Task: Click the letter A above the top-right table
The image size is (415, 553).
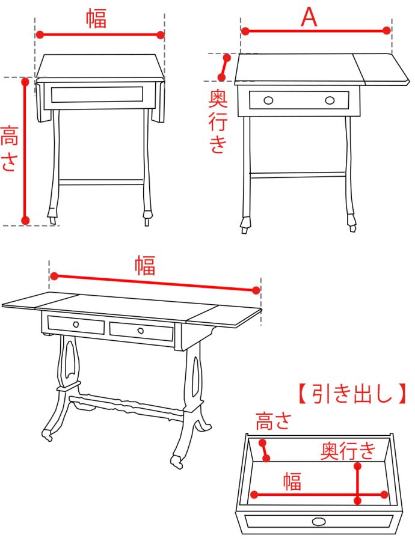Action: (x=309, y=17)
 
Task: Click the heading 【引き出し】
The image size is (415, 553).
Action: (x=352, y=394)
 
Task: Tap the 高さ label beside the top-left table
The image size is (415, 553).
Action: (x=9, y=148)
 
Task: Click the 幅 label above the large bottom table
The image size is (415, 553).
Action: (x=145, y=266)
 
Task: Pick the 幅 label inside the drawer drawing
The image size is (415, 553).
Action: (x=292, y=481)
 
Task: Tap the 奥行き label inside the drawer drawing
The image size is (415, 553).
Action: (x=348, y=450)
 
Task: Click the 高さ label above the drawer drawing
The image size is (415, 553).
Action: (x=274, y=421)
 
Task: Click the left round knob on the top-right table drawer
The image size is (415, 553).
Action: (x=268, y=101)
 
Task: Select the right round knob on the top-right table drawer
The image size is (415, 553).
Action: (x=330, y=101)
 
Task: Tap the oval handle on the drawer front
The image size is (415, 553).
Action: (x=319, y=522)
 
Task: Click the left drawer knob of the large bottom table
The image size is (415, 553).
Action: (x=76, y=324)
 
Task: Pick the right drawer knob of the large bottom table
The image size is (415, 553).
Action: (x=141, y=331)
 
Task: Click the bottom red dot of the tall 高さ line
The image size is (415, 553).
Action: (x=25, y=221)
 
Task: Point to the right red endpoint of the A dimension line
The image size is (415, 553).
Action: (x=387, y=31)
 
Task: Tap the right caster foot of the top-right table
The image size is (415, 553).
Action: (x=352, y=223)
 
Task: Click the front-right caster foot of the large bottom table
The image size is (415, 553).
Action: (x=177, y=462)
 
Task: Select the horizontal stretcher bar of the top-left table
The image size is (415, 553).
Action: (x=101, y=182)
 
